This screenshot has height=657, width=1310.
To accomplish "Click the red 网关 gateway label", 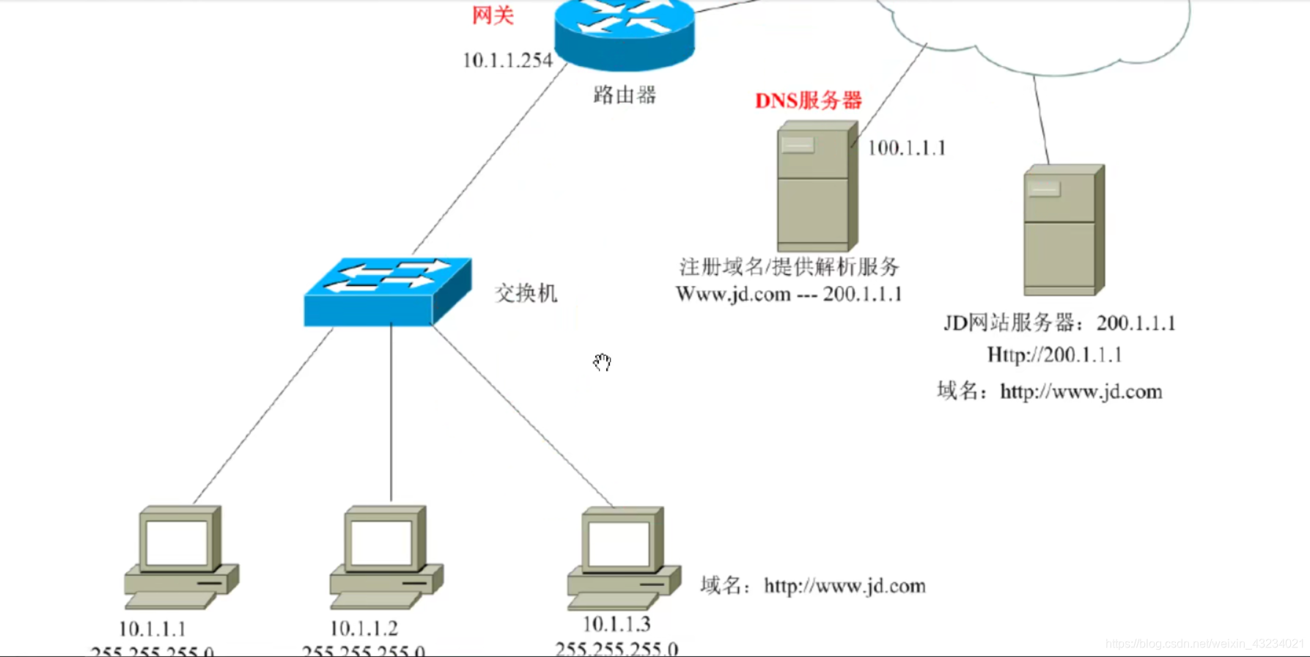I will point(493,15).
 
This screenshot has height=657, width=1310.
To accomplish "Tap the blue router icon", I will point(625,33).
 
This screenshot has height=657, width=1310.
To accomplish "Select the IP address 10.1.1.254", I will point(507,61).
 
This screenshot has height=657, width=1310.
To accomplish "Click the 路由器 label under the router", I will point(625,95).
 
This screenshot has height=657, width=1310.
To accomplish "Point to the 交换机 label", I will point(526,293).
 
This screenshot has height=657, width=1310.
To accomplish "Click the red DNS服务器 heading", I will point(808,100).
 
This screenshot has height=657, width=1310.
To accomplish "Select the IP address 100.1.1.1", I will point(907,148).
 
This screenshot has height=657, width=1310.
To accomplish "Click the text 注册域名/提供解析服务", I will point(789,266).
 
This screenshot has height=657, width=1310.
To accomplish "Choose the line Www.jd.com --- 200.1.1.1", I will point(789,295).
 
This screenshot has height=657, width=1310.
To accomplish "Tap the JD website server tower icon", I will point(1064,230).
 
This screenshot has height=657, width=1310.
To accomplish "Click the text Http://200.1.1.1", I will point(1054,356).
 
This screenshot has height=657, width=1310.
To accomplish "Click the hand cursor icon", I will point(602,362).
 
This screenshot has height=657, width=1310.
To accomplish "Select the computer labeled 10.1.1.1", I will point(180,557).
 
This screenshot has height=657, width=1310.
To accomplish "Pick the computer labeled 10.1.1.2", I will point(386,557).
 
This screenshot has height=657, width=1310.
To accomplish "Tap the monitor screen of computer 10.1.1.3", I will point(619,544).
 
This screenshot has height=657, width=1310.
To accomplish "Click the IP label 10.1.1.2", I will point(364,628).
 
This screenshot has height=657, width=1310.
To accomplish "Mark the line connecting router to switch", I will point(490,158).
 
